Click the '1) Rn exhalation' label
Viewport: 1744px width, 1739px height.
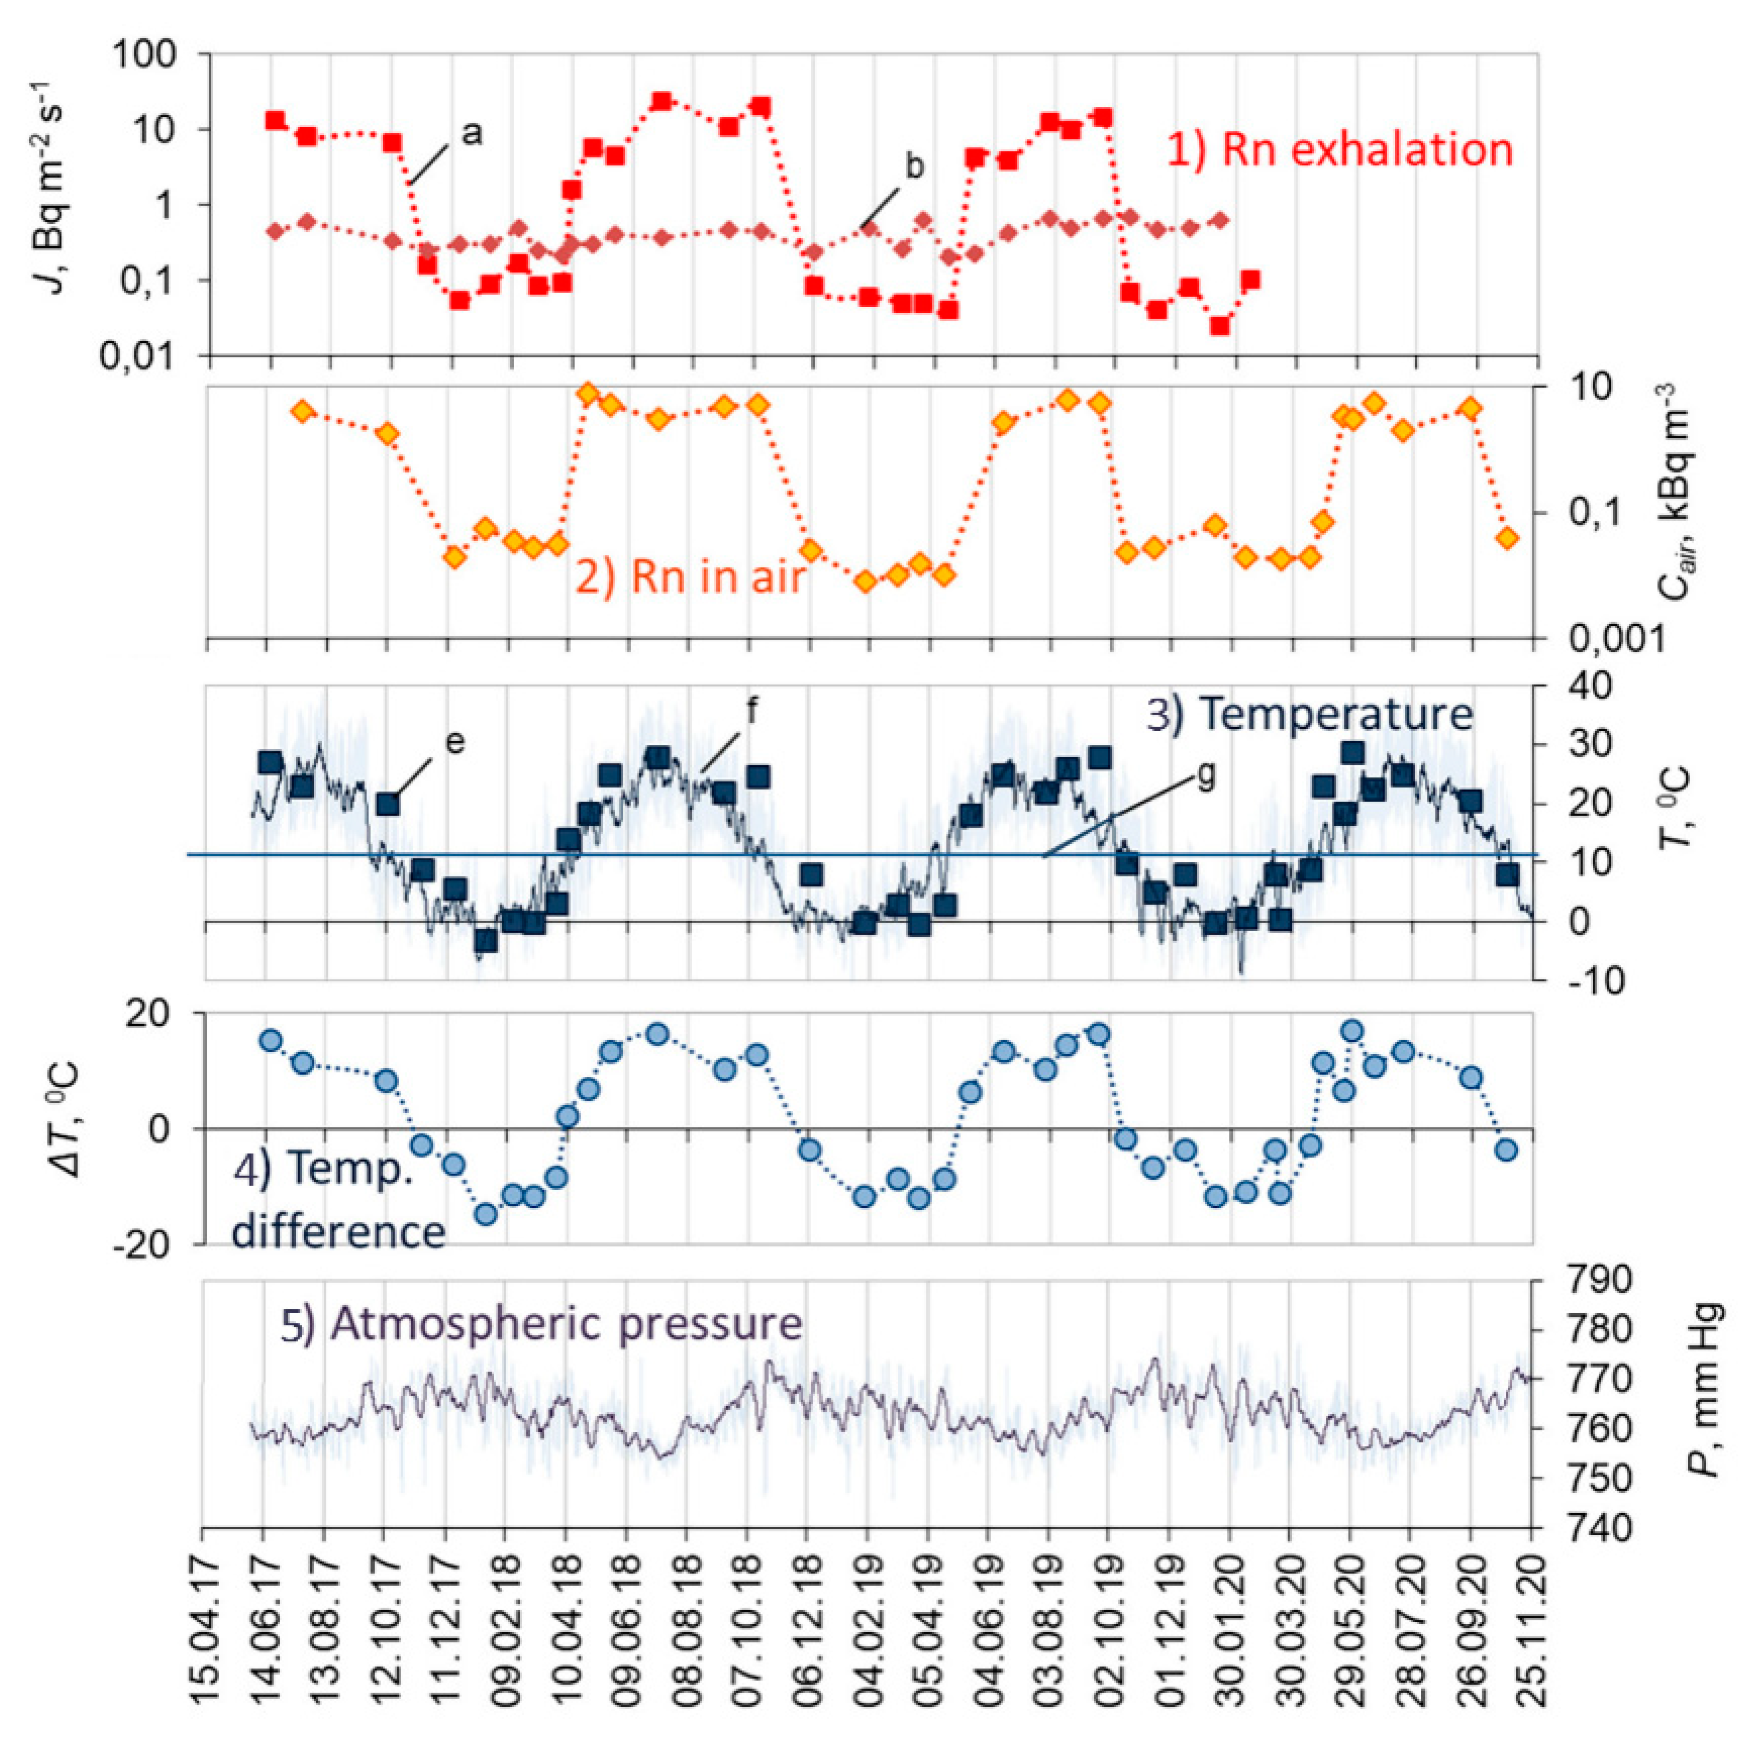pos(1340,150)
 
